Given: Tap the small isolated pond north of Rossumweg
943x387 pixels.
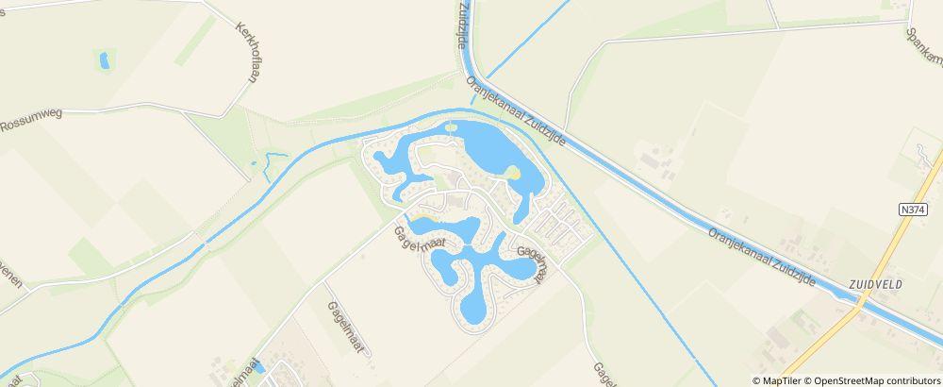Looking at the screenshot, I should coord(103,61).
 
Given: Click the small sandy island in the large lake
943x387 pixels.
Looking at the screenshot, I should coord(512,173).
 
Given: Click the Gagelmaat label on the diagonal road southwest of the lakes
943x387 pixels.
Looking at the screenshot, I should coord(345,326).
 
